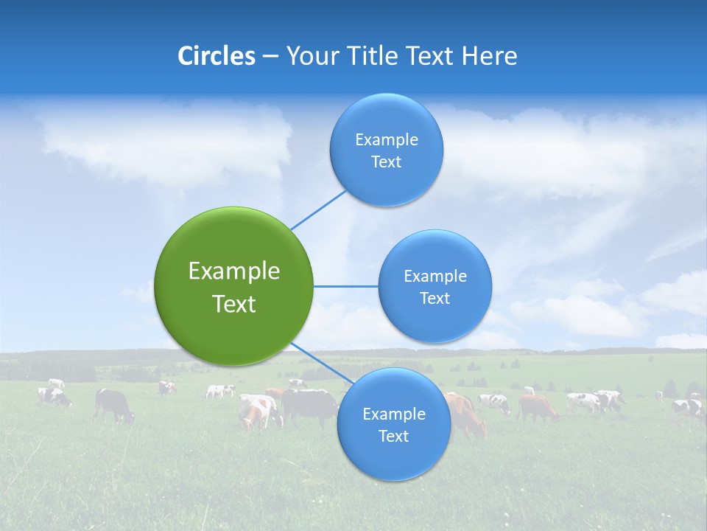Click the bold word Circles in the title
[x=216, y=56]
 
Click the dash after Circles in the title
[x=270, y=57]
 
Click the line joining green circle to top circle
[x=318, y=209]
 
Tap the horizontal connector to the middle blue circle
[x=345, y=286]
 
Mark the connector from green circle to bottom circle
[x=318, y=362]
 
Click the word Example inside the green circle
[x=234, y=271]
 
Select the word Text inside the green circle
[x=234, y=304]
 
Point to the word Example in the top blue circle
[x=387, y=140]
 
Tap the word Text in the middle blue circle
[x=435, y=298]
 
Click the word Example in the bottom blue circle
[x=393, y=414]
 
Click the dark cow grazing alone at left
[x=113, y=404]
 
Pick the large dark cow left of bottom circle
[x=309, y=406]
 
